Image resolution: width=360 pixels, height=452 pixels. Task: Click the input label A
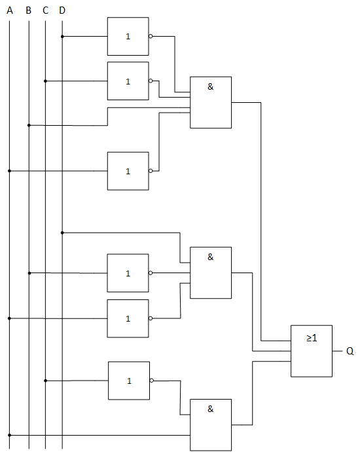tap(10, 10)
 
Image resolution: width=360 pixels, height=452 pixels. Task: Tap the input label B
tap(28, 10)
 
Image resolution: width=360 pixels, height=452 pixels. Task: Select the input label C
tap(45, 10)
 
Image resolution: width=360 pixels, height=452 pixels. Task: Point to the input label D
tap(62, 10)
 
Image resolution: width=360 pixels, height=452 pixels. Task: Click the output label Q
tap(350, 351)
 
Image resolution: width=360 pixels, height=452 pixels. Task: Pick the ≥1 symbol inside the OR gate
tap(312, 337)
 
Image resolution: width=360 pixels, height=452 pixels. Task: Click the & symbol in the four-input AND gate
tap(211, 86)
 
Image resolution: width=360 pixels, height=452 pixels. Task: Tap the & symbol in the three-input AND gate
tap(211, 257)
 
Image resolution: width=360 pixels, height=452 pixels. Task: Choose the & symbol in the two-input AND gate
tap(211, 409)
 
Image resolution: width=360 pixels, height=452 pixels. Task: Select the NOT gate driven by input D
tap(128, 36)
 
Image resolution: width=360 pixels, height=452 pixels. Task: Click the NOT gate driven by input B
tap(128, 273)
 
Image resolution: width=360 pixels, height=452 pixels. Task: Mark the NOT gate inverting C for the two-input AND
tap(129, 381)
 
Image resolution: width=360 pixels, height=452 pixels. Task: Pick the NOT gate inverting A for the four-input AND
tap(128, 171)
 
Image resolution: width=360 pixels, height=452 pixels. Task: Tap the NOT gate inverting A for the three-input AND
tap(128, 318)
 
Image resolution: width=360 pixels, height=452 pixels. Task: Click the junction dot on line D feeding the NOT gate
tap(62, 36)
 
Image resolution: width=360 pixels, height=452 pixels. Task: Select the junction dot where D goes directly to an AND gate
tap(62, 233)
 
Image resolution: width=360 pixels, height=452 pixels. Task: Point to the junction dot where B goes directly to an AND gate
tap(29, 125)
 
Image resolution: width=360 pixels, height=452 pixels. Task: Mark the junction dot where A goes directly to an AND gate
tap(10, 435)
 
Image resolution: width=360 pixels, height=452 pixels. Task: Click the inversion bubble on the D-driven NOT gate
tap(151, 36)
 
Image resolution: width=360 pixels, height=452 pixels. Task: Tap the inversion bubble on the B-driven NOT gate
tap(151, 273)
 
